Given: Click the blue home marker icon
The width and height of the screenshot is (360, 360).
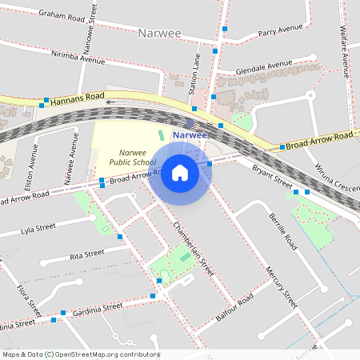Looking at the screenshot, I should [x=180, y=172].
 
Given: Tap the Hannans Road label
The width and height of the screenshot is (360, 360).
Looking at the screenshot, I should [x=77, y=100].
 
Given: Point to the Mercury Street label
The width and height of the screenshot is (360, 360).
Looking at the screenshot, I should [x=282, y=287].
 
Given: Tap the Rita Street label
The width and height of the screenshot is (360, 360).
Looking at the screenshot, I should [x=87, y=254].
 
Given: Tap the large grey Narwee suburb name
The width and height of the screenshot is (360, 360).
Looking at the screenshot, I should [x=161, y=34].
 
